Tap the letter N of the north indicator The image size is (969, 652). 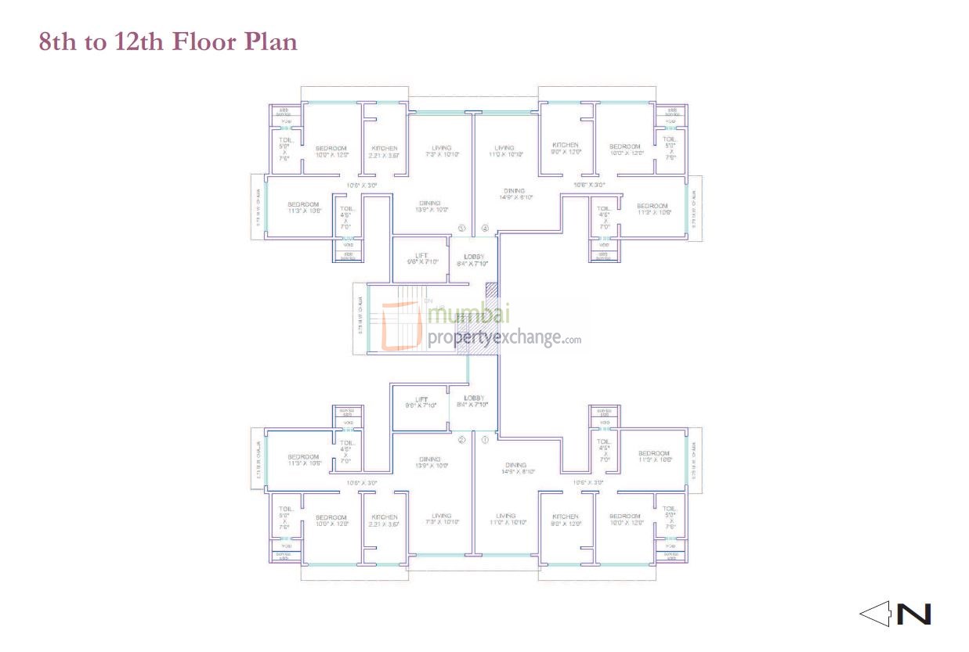pos(913,614)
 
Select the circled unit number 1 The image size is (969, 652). pos(485,440)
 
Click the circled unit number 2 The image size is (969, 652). pos(461,440)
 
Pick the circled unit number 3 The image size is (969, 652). pos(461,229)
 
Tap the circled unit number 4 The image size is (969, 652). pos(485,229)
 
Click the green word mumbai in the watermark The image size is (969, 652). pos(469,315)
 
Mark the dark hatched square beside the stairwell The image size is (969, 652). pos(491,290)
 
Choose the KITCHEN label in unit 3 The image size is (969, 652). pos(384,148)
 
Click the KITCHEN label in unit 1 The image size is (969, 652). pos(565,516)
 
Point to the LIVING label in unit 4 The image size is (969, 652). pos(504,147)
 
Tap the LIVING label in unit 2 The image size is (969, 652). pos(442,516)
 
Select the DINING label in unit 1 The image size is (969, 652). pos(515,465)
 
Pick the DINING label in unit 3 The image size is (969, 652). pos(429,203)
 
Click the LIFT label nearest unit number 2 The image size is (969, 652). pos(421,399)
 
